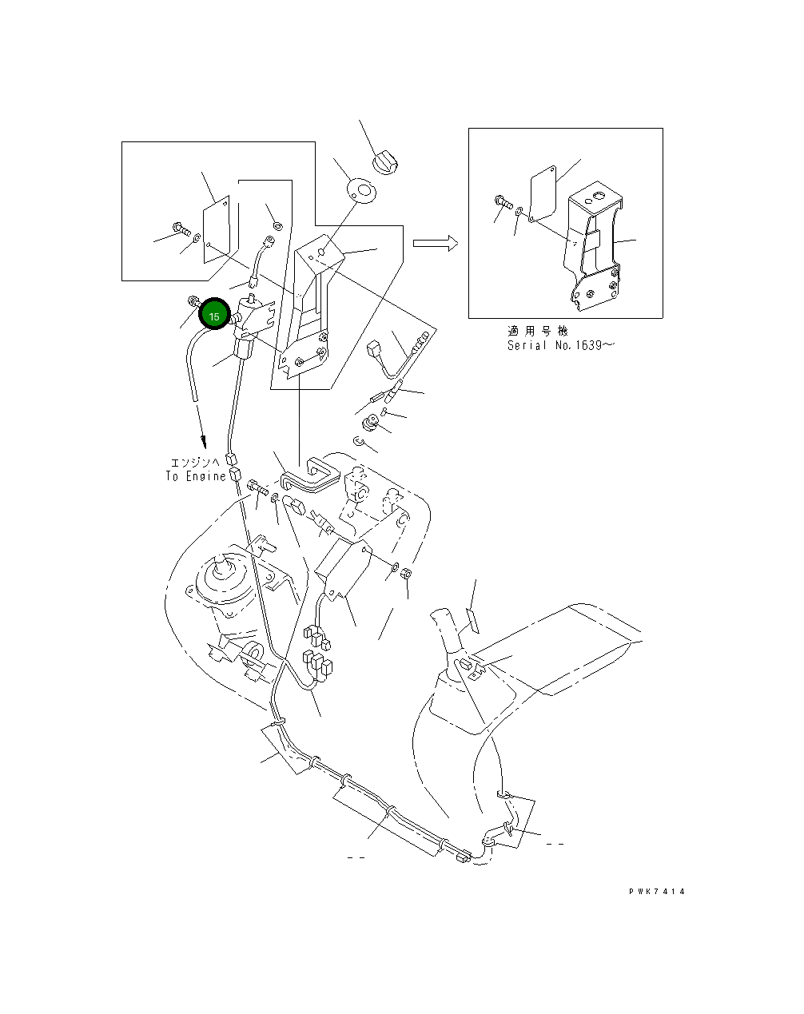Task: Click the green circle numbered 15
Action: [x=214, y=316]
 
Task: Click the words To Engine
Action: [x=196, y=476]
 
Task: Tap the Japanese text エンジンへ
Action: [x=196, y=463]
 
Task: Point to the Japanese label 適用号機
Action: [x=537, y=331]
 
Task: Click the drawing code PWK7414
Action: [x=657, y=892]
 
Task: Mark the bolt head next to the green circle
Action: [x=193, y=301]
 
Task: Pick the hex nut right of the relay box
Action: [x=405, y=573]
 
